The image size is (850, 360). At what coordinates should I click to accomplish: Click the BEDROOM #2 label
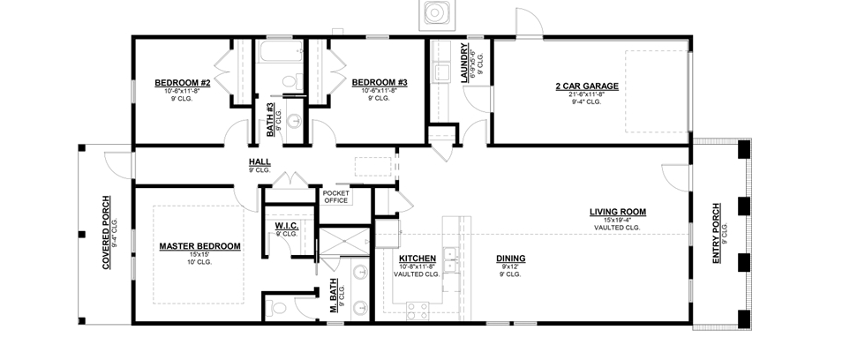point(182,83)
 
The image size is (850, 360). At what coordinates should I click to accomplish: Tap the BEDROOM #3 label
point(380,83)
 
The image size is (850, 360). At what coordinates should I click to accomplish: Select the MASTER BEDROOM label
point(200,247)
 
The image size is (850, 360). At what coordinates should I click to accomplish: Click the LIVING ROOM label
point(618,212)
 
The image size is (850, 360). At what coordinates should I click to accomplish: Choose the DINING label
point(511,259)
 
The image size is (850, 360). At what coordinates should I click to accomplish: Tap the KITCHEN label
point(417,259)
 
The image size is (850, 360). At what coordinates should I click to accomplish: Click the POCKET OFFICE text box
point(336,197)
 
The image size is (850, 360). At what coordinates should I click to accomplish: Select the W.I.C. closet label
point(286,226)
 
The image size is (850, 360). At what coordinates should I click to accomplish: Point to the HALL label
point(260,162)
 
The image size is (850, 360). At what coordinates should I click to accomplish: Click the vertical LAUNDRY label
point(464,63)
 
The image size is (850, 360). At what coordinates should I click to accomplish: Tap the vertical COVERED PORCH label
point(106,233)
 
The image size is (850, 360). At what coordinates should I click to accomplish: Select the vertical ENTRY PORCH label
point(717,234)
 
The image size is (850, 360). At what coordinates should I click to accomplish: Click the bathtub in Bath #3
point(281,54)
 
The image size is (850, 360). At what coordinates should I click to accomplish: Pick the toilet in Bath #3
point(291,82)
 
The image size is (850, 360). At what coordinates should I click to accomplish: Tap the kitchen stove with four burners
point(417,311)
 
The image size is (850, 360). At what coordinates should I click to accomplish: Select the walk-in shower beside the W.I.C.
point(343,242)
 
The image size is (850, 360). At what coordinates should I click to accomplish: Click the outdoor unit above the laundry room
point(436,13)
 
